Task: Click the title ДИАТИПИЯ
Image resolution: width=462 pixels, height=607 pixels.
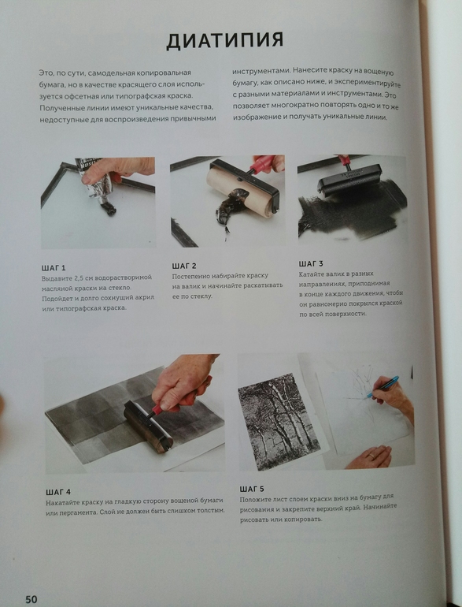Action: tap(225, 40)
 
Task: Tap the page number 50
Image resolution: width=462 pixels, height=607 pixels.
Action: tap(31, 599)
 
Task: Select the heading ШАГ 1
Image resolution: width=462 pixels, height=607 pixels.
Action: tap(54, 267)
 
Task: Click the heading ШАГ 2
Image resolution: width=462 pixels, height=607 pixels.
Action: tap(184, 266)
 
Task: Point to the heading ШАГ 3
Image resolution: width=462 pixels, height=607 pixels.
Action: tap(310, 263)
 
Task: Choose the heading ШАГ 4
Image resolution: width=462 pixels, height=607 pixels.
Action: tap(58, 492)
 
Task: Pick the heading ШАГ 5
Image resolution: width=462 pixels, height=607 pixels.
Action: tap(252, 489)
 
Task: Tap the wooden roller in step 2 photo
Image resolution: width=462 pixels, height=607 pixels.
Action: tap(240, 189)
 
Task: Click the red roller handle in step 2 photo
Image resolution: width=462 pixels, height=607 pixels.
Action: tap(262, 164)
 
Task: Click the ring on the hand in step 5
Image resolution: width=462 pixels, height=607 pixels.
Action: tap(371, 456)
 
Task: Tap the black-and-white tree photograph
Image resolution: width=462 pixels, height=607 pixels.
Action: tap(279, 421)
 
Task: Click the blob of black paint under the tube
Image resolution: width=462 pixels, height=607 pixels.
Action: tap(108, 209)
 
